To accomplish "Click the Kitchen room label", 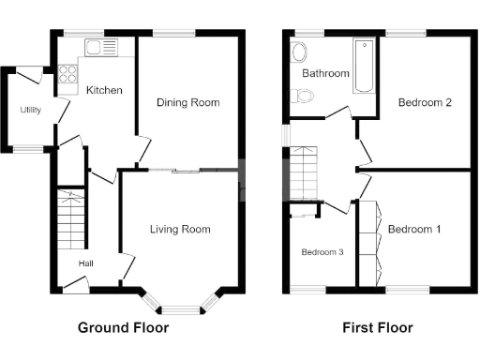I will pyautogui.click(x=100, y=91).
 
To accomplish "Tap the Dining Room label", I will pyautogui.click(x=188, y=102).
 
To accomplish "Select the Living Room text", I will pyautogui.click(x=180, y=229).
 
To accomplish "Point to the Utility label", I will pyautogui.click(x=31, y=110).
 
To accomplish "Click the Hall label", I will pyautogui.click(x=85, y=263).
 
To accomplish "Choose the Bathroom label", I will pyautogui.click(x=325, y=73).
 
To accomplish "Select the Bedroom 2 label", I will pyautogui.click(x=425, y=102).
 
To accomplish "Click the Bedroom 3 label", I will pyautogui.click(x=322, y=251).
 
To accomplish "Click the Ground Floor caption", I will pyautogui.click(x=123, y=328).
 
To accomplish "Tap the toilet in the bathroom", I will pyautogui.click(x=302, y=95).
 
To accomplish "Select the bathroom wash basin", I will pyautogui.click(x=300, y=52).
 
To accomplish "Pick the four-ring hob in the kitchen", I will pyautogui.click(x=68, y=73).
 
